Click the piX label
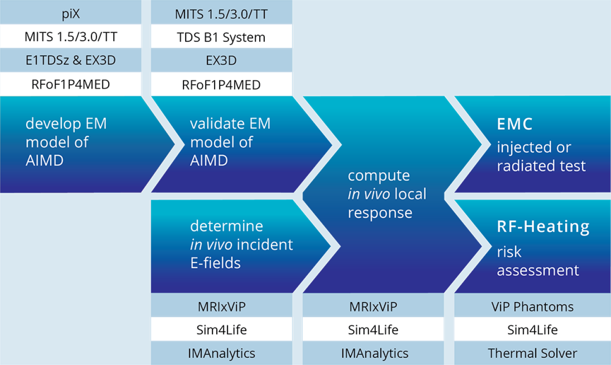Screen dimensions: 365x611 (x=71, y=14)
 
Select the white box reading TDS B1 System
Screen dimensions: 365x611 (x=221, y=37)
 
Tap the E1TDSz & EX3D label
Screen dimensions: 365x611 (x=71, y=61)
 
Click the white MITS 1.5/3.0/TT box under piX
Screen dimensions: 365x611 (x=71, y=37)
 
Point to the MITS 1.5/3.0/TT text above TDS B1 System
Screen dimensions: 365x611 (x=221, y=14)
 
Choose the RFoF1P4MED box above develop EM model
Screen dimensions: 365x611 (x=71, y=85)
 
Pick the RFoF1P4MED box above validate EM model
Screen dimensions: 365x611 (x=221, y=85)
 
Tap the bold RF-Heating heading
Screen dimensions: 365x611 (x=543, y=226)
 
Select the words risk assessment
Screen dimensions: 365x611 (x=538, y=261)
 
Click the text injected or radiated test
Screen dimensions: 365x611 (x=541, y=157)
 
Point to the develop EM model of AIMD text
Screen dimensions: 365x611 (x=66, y=142)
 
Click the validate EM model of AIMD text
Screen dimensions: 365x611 (x=230, y=142)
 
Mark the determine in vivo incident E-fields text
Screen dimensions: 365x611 (x=241, y=244)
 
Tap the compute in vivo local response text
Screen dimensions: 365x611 (x=387, y=194)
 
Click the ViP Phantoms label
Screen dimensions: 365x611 (x=532, y=307)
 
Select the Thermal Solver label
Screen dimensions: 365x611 (x=532, y=353)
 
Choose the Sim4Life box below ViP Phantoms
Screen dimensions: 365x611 (x=532, y=330)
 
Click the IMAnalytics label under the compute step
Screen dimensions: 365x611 (x=375, y=353)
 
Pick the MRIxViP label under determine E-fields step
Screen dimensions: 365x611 (x=221, y=307)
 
